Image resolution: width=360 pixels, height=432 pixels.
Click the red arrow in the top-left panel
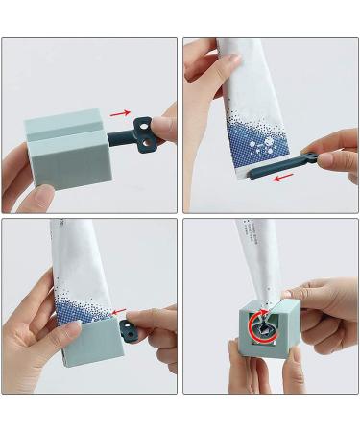[119, 112]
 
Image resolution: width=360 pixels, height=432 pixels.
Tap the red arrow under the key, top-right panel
[282, 177]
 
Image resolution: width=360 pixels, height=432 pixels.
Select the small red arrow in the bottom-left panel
[118, 312]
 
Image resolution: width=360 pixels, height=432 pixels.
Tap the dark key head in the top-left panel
[145, 127]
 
